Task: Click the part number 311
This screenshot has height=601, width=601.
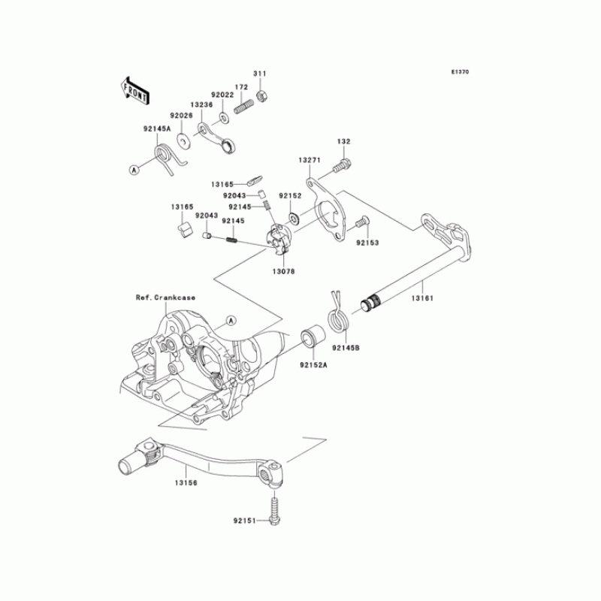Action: (259, 74)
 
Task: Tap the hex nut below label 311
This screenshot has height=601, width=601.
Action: (263, 95)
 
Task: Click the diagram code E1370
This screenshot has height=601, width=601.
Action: (460, 73)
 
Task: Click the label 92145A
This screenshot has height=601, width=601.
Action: (158, 128)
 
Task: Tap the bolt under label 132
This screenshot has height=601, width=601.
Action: (344, 161)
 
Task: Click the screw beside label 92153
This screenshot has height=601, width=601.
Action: (361, 222)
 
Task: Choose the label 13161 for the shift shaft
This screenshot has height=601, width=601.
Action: (421, 298)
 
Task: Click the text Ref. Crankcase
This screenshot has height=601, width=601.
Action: (165, 297)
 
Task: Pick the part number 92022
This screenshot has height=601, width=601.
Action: (222, 95)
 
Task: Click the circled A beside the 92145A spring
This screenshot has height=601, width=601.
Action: (134, 171)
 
